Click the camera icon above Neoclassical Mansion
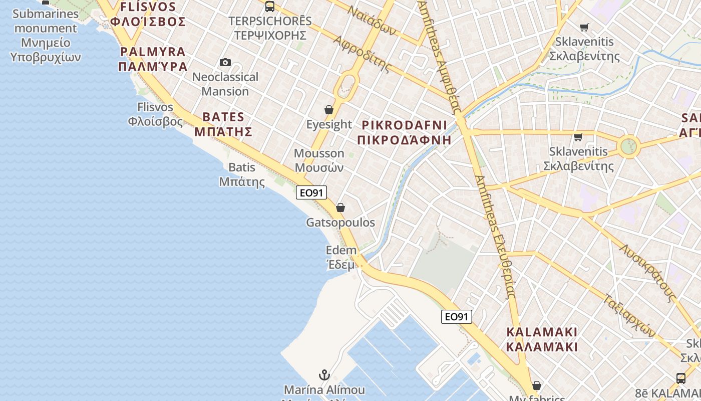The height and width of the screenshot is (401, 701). click(x=225, y=63)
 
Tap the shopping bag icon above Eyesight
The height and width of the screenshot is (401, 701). click(x=329, y=110)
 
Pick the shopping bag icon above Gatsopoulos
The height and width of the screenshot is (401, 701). click(x=340, y=208)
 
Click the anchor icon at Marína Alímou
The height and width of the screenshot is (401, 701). click(x=324, y=374)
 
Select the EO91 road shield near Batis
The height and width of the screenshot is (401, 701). click(x=311, y=192)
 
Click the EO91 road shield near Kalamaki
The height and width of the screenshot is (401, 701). click(x=457, y=316)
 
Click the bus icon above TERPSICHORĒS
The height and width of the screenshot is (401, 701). click(x=270, y=7)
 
